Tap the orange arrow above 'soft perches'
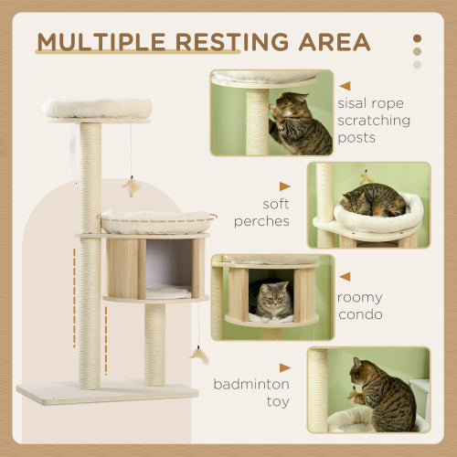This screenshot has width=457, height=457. (x=284, y=186)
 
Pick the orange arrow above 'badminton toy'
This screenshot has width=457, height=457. (x=284, y=367)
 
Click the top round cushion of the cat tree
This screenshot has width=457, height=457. (x=97, y=108)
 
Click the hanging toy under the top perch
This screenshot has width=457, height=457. (x=130, y=186)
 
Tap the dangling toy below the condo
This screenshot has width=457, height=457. (x=197, y=355)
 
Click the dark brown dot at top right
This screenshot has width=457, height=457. (x=418, y=38)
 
